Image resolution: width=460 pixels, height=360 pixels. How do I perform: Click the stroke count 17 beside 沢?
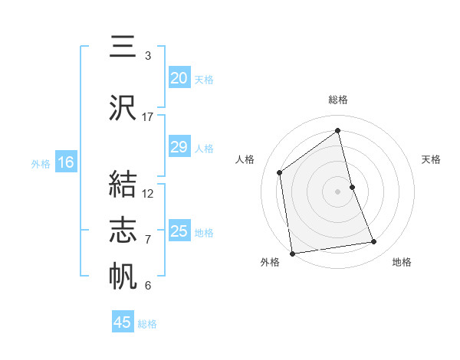[x=148, y=117]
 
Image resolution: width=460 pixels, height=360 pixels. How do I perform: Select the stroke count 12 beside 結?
[x=148, y=193]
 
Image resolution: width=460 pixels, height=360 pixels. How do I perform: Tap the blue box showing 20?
[x=179, y=78]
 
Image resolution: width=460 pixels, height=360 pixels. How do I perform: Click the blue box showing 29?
[x=179, y=148]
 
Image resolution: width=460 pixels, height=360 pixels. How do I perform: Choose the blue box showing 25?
[x=179, y=231]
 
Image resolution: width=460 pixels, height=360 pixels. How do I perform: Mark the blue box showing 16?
[x=65, y=162]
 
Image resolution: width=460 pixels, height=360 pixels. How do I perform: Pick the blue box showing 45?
[x=123, y=322]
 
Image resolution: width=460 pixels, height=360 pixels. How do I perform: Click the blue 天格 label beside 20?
[x=203, y=79]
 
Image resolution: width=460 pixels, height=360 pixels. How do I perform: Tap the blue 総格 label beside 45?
[x=147, y=324]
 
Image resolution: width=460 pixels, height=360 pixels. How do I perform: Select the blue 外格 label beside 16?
[x=41, y=163]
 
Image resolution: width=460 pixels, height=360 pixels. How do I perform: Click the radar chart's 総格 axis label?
[x=337, y=100]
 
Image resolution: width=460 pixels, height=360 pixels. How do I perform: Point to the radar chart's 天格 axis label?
[x=431, y=159]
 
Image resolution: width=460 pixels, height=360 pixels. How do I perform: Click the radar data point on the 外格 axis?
[x=291, y=253]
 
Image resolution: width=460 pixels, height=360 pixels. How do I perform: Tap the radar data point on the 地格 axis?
[x=374, y=242]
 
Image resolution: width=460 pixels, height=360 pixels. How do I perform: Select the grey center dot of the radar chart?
[x=337, y=191]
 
